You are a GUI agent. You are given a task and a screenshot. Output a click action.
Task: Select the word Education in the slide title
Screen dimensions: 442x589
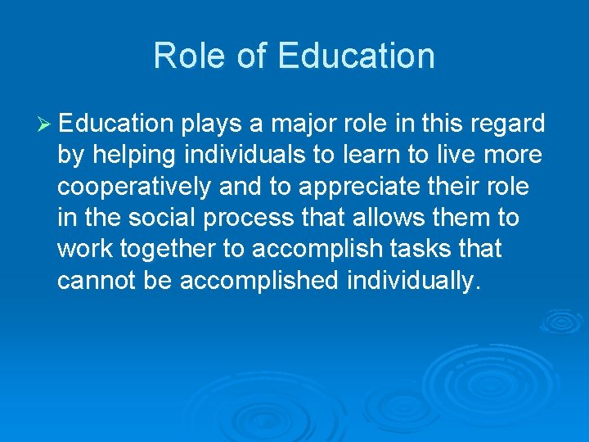point(356,56)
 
